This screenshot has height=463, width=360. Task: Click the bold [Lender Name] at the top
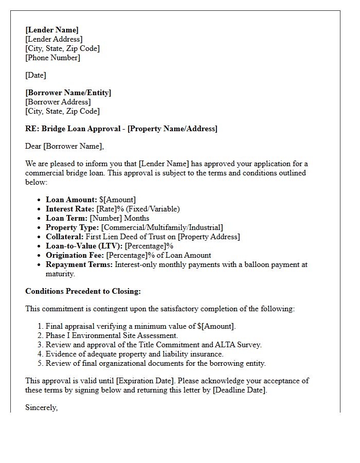52,30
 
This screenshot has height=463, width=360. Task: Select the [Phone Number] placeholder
52,58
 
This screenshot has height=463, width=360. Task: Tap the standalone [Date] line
35,75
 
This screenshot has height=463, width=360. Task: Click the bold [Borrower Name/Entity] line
68,93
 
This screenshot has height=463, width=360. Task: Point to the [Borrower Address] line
58,102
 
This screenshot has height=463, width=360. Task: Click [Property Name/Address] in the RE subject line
172,129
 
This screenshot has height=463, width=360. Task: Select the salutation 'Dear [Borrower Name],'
64,146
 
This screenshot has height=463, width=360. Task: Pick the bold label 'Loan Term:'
66,218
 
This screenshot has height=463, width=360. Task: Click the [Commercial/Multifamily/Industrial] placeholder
162,227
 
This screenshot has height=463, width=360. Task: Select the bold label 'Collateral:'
64,237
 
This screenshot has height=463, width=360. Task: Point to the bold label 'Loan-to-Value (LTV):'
84,246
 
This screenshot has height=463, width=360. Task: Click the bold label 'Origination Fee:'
74,255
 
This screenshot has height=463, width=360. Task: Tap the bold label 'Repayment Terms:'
79,264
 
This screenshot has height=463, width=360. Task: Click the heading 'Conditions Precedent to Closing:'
83,291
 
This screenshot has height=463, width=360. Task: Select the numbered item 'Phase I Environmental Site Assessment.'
112,335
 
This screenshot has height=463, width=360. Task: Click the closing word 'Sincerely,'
41,407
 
